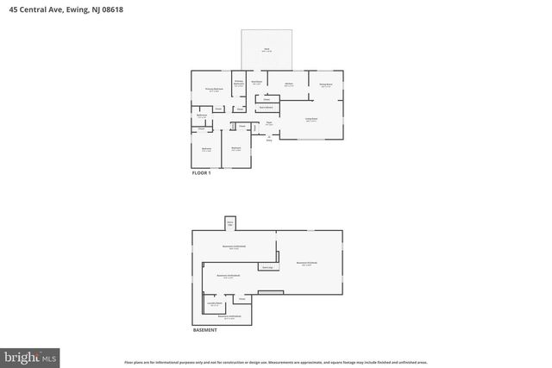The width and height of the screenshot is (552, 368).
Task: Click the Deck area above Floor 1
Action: (267, 50)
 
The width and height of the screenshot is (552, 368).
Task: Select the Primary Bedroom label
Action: (215, 89)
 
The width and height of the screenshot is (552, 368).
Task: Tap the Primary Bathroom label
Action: (239, 83)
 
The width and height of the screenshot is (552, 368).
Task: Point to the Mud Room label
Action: (257, 83)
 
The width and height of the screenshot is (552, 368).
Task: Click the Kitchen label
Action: (290, 84)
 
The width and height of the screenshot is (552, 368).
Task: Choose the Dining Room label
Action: (326, 84)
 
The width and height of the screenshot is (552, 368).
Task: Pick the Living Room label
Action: (311, 119)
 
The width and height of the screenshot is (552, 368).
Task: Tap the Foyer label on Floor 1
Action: (269, 124)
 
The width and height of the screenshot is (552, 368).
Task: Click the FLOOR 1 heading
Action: (202, 173)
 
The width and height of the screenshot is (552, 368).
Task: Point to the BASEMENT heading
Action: (204, 330)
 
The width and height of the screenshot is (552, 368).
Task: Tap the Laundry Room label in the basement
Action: (214, 304)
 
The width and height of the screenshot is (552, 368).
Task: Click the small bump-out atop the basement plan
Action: (230, 223)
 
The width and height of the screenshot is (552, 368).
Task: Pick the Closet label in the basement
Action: (229, 299)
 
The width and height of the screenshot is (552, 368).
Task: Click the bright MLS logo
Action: (30, 355)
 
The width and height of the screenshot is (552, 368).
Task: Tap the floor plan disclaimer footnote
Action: (276, 362)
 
